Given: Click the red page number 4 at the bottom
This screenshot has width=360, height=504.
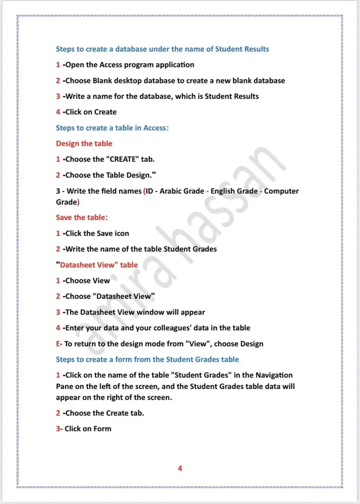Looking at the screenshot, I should coord(180,469).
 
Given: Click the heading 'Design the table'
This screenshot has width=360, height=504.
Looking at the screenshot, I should coord(84,143).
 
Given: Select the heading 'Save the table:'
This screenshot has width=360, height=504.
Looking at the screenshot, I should coord(82,217).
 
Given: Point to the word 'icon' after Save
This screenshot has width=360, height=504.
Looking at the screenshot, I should coord(121,233).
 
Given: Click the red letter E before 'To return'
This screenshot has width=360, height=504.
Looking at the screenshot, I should coord(58,344).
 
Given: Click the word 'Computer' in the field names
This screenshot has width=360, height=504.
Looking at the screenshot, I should coord(281,191).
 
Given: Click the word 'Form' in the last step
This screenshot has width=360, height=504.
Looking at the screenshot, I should coord(102,429).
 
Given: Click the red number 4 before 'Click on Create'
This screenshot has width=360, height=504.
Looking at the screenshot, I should coord(58,112).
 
